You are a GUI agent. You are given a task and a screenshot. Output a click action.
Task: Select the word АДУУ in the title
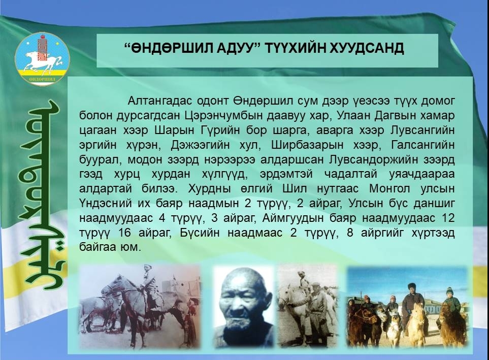[238, 48]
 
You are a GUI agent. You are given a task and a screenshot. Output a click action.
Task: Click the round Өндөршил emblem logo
[43, 59]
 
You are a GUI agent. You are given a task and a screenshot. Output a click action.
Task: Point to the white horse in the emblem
[41, 60]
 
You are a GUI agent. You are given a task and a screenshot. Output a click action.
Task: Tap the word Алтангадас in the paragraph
[159, 101]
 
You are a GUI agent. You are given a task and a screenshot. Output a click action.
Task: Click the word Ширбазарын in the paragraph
[307, 145]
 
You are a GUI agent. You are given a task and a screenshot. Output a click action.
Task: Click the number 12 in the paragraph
[448, 218]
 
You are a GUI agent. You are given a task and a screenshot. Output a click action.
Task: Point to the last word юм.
[131, 247]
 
